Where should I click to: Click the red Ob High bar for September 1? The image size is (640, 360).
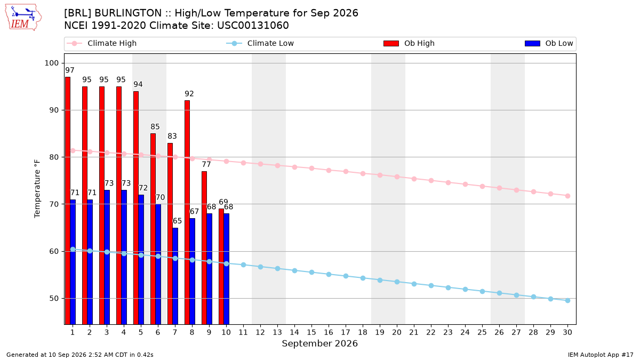[x=68, y=201]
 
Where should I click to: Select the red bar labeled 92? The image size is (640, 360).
[x=187, y=212]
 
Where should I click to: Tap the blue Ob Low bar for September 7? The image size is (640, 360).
[x=175, y=276]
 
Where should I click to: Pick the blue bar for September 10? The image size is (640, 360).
[x=226, y=269]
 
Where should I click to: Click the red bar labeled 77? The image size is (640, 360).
[x=204, y=247]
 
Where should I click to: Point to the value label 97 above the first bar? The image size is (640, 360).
[x=70, y=70]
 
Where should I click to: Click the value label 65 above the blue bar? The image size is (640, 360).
[x=177, y=221]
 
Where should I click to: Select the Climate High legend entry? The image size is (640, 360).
[x=102, y=43]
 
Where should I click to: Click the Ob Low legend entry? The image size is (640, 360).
[x=549, y=43]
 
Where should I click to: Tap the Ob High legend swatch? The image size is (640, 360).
[x=391, y=43]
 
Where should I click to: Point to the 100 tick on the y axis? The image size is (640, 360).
[x=51, y=63]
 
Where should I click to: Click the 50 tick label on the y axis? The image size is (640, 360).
[x=54, y=299]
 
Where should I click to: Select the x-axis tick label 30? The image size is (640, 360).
[x=567, y=332]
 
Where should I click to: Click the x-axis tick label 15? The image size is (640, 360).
[x=311, y=332]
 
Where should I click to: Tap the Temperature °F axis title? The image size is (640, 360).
[x=37, y=189]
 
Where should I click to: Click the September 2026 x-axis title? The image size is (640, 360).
[x=319, y=343]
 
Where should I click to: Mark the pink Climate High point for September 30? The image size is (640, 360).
[x=567, y=196]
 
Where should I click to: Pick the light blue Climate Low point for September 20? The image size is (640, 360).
[x=397, y=282]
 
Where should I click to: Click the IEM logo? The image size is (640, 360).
[x=23, y=18]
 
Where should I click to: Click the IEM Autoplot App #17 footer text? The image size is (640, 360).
[x=601, y=355]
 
